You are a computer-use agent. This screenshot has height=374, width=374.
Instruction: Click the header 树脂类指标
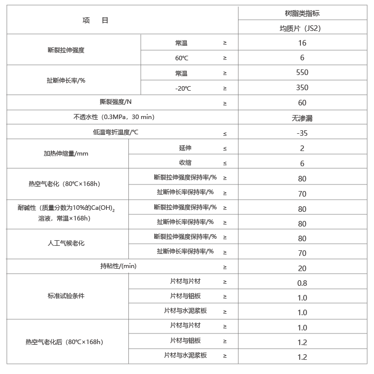tap(302, 14)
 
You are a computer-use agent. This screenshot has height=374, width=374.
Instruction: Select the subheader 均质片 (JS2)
tap(302, 28)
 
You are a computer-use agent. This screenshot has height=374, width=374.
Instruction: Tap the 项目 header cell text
tap(95, 21)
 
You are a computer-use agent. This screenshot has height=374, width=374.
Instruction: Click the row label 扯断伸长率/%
tap(66, 80)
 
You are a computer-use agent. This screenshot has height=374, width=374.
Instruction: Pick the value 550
tap(302, 72)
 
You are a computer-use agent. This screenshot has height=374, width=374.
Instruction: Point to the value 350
tap(302, 88)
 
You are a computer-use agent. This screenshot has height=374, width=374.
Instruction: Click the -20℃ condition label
tap(183, 88)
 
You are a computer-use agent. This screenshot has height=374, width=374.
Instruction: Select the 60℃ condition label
tap(182, 58)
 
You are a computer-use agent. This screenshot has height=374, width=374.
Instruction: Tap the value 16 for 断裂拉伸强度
tap(302, 43)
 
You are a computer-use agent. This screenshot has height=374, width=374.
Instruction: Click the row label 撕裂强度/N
tap(116, 102)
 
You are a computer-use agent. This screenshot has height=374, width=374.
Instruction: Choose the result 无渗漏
tap(302, 118)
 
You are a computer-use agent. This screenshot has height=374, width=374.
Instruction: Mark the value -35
tap(302, 133)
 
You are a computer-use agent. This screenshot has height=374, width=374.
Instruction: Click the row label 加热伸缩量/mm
tap(66, 154)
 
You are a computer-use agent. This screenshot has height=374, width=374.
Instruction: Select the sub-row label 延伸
tap(185, 148)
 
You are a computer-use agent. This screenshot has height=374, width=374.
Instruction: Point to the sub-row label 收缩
tap(185, 163)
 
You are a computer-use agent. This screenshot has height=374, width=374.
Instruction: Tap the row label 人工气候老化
tap(66, 243)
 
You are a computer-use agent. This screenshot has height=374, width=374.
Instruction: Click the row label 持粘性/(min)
tap(118, 266)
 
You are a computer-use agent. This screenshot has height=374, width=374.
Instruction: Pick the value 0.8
tap(302, 283)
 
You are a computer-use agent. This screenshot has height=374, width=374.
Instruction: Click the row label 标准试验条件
tap(66, 296)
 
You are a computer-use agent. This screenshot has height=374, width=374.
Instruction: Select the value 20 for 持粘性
tap(302, 269)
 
